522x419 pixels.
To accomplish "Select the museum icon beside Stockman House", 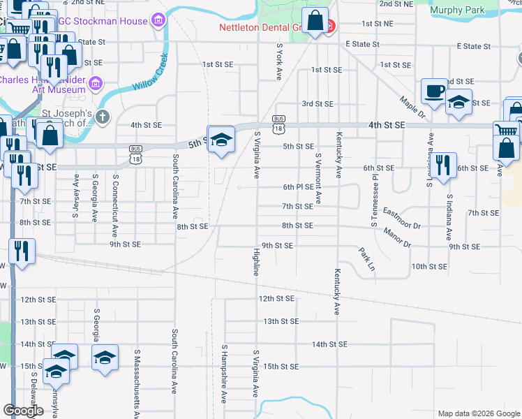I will [x=158, y=21].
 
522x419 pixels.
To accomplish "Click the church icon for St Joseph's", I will [x=103, y=117].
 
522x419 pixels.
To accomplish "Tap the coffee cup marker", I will [x=435, y=91].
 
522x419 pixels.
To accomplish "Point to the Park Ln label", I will [x=366, y=259].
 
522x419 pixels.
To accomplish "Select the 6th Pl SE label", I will [x=299, y=187].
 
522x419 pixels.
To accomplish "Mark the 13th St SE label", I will [x=281, y=321].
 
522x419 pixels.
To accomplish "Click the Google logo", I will [x=24, y=411].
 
